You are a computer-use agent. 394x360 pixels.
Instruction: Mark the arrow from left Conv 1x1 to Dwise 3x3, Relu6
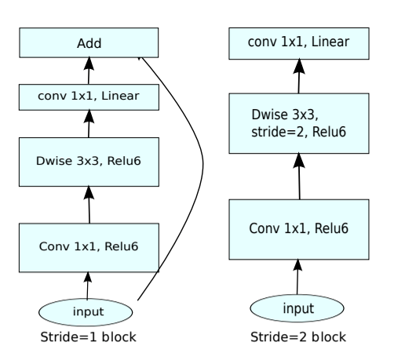click(x=88, y=205)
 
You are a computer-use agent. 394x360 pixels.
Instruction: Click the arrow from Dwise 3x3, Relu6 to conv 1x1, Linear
click(x=88, y=125)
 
